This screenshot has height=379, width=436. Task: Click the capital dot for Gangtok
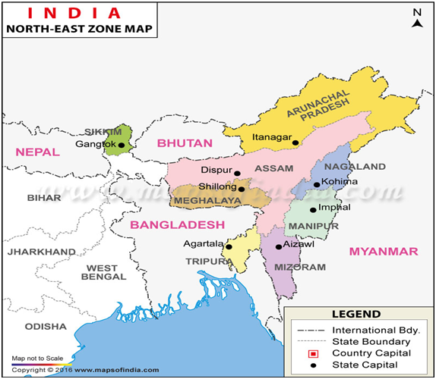[x=121, y=145]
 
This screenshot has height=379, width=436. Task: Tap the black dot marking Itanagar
[x=296, y=141]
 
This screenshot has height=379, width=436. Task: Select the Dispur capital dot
[x=237, y=173]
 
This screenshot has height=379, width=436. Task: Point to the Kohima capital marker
[x=317, y=184]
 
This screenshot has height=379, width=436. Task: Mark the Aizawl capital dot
[x=279, y=246]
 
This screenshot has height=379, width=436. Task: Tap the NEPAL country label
[x=37, y=152]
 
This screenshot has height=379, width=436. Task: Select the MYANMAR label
[x=384, y=251]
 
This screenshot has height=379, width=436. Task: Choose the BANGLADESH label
[x=177, y=224]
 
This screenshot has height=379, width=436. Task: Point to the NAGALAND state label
[x=355, y=167]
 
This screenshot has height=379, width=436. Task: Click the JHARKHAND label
[x=42, y=251]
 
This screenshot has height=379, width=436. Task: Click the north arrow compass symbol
[x=417, y=18]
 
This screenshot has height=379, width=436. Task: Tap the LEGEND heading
[x=355, y=314]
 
